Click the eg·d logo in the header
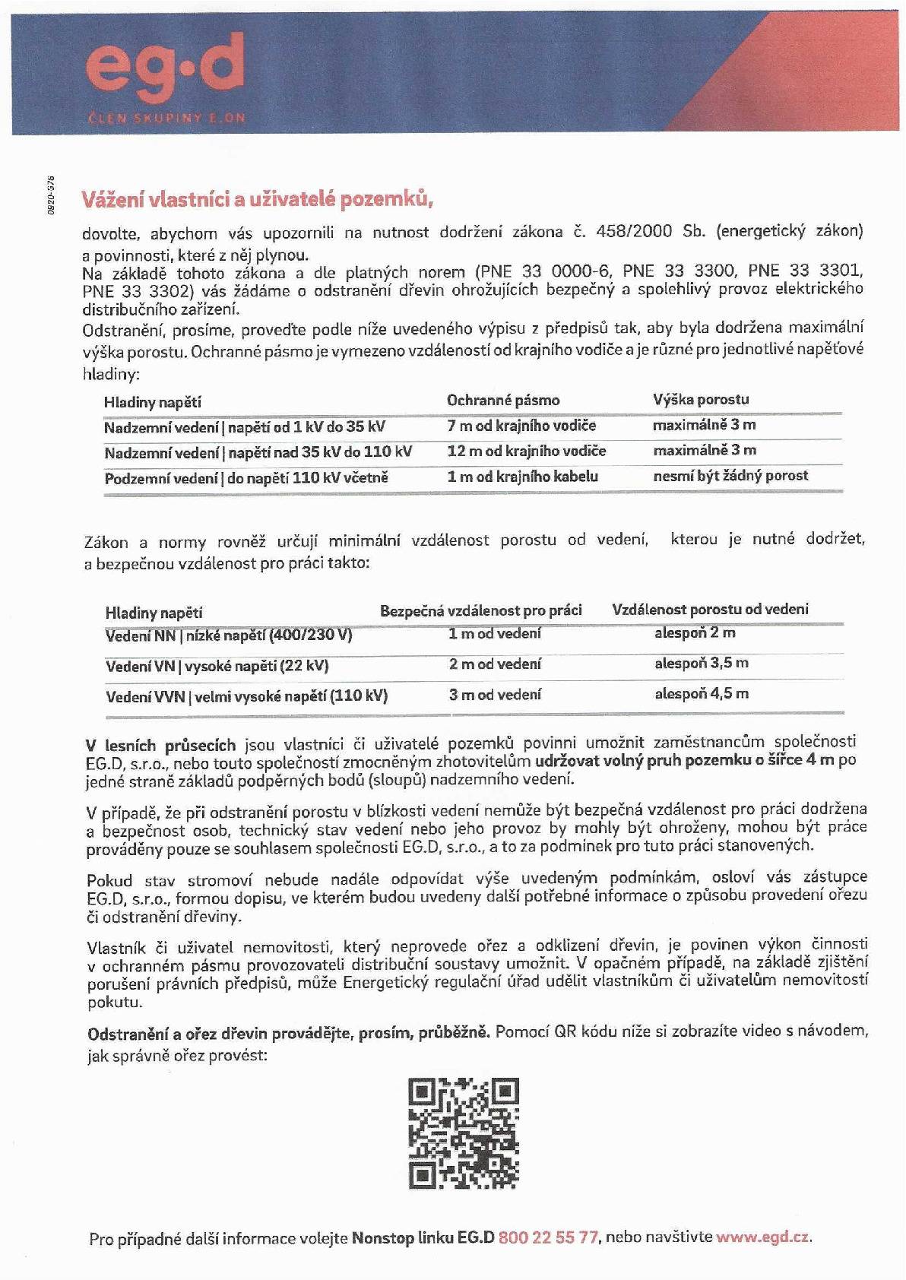tap(165, 70)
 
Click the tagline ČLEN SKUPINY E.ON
tap(166, 118)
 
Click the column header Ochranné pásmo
tap(503, 401)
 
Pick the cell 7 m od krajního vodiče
tap(521, 426)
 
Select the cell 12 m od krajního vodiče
tap(526, 451)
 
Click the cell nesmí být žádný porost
tap(730, 476)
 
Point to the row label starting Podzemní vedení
tap(246, 478)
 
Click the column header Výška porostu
tap(701, 399)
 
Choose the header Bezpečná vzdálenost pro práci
tap(481, 610)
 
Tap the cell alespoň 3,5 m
tap(702, 663)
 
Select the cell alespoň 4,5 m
tap(702, 693)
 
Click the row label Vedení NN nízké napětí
tap(229, 635)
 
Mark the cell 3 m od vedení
tap(495, 695)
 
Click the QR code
tap(464, 1133)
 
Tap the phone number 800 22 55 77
tap(548, 1237)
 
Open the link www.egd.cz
tap(762, 1237)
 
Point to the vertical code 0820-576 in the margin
tap(51, 195)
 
